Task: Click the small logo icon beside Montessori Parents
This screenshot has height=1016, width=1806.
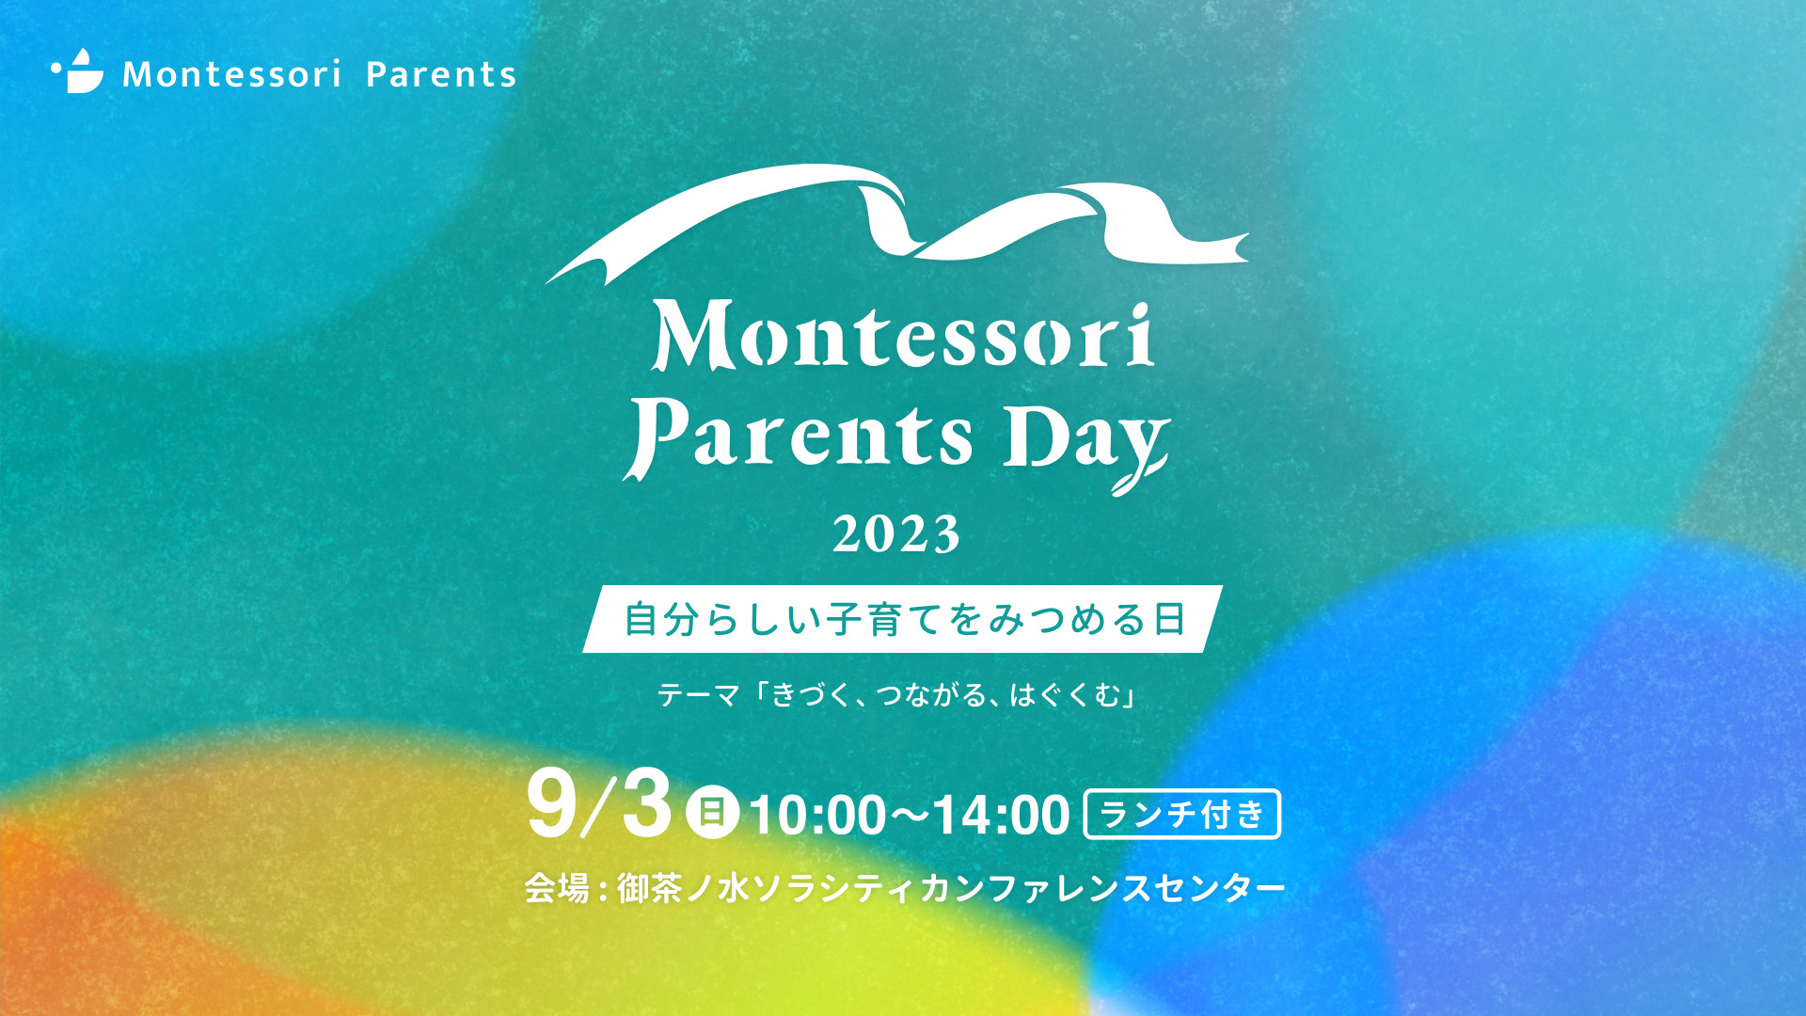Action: pyautogui.click(x=77, y=71)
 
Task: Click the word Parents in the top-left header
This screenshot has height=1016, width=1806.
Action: pyautogui.click(x=441, y=74)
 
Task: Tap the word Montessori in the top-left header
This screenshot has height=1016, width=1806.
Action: pyautogui.click(x=232, y=74)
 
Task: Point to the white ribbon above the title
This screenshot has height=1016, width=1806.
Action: pyautogui.click(x=896, y=221)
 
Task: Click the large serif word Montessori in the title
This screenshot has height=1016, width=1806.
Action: pyautogui.click(x=903, y=335)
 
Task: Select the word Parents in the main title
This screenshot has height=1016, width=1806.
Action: pyautogui.click(x=800, y=437)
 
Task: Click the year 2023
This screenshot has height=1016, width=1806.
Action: pyautogui.click(x=896, y=534)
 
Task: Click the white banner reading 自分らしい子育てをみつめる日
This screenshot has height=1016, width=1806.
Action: pyautogui.click(x=903, y=619)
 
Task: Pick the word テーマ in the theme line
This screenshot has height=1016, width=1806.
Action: pyautogui.click(x=699, y=695)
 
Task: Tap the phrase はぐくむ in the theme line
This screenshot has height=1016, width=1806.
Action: pyautogui.click(x=1066, y=695)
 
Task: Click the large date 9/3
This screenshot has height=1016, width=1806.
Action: pyautogui.click(x=600, y=805)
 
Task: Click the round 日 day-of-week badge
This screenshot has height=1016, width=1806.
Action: pyautogui.click(x=712, y=812)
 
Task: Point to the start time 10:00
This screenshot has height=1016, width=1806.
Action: pyautogui.click(x=817, y=815)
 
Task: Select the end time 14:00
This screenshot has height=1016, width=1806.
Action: pyautogui.click(x=1002, y=815)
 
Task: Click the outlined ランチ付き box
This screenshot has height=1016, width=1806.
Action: pyautogui.click(x=1182, y=814)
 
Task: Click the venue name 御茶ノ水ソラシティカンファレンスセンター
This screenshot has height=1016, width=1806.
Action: pyautogui.click(x=951, y=888)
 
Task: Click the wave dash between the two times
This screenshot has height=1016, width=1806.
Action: pyautogui.click(x=910, y=815)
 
